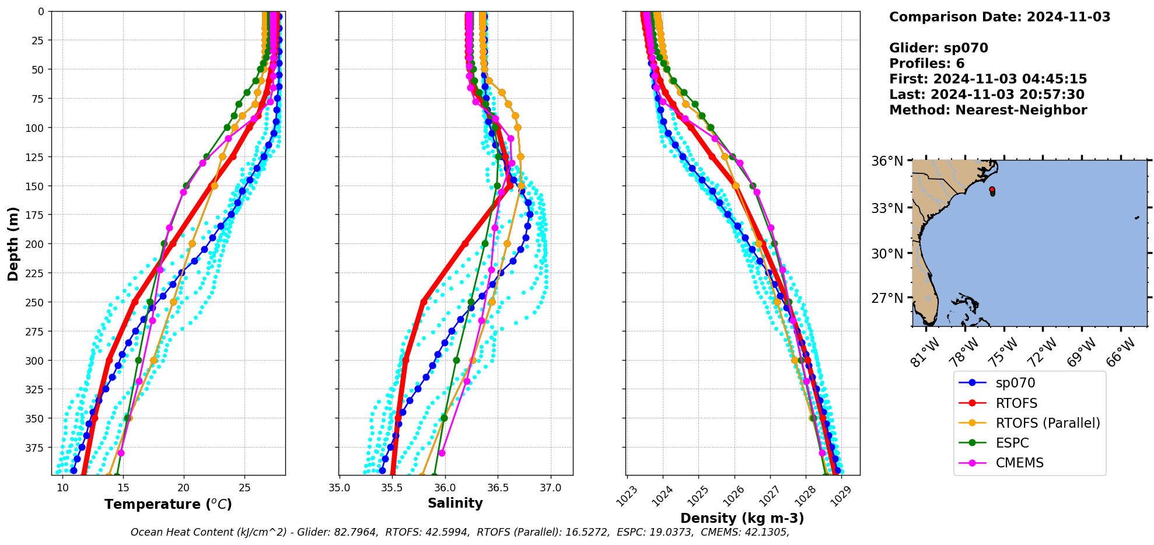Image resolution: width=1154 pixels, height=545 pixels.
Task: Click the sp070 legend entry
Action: click(1015, 383)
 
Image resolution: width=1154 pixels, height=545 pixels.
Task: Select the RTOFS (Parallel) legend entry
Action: click(1048, 423)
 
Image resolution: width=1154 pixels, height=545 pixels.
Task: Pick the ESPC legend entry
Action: click(1012, 443)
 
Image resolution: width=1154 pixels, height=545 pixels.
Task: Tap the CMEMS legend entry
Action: click(1019, 463)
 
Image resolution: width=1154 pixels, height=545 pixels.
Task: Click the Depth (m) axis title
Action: click(13, 243)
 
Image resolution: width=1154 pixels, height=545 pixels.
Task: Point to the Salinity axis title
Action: click(455, 504)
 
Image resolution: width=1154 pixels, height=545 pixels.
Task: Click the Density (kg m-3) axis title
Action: click(742, 518)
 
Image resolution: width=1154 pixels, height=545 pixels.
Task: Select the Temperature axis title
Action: click(168, 504)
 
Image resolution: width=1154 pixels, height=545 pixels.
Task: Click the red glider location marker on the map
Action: click(992, 189)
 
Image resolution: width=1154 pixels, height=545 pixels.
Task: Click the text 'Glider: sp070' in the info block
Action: click(938, 48)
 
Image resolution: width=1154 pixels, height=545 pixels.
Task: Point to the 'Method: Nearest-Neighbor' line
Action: click(988, 110)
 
